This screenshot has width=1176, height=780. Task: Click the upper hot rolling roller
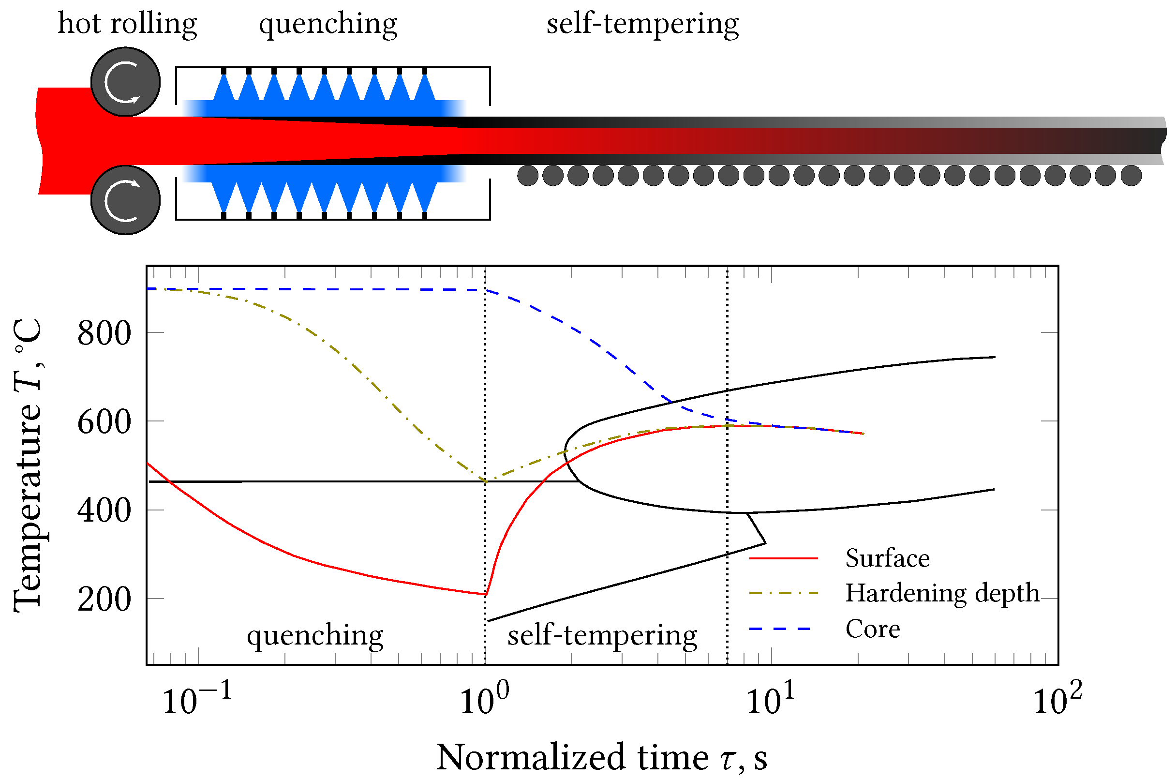coord(125,82)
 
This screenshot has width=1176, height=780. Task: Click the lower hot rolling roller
coord(125,200)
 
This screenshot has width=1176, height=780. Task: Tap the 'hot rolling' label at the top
coord(127,24)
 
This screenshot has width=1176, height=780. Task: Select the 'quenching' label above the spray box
coord(328,24)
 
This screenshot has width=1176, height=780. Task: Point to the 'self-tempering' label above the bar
coord(642,24)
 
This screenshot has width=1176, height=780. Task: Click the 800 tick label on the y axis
coord(104,333)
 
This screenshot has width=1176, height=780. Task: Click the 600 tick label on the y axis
coord(104,422)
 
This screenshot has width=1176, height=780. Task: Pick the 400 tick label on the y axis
coord(104,511)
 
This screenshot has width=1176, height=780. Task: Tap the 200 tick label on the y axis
coord(104,600)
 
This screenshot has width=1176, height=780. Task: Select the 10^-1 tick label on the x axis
coord(197,699)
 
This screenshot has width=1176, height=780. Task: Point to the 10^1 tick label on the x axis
coord(771,699)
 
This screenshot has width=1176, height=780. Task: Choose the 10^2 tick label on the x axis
coord(1057,699)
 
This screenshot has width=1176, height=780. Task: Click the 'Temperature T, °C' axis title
coord(29,465)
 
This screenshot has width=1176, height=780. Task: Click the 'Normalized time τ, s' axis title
coord(602,757)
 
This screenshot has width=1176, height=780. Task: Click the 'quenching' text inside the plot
coord(315,636)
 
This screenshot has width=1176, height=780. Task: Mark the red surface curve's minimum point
coord(486,595)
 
